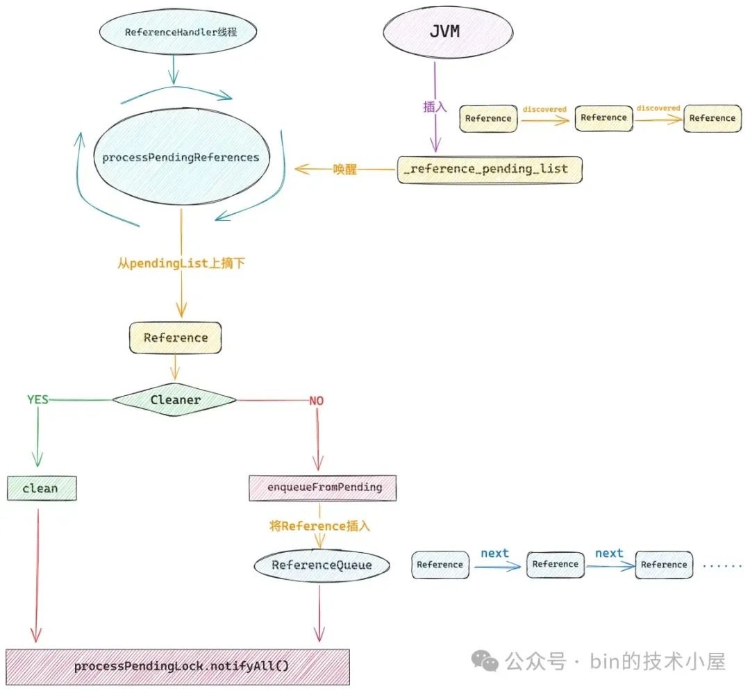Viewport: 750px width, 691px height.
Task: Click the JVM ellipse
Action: [x=448, y=33]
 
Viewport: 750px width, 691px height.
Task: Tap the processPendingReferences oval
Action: [x=181, y=158]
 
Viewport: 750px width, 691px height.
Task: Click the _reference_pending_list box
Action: [x=489, y=169]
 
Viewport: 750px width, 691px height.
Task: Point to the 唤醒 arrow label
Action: [x=344, y=169]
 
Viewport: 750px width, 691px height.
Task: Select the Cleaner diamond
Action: [x=175, y=399]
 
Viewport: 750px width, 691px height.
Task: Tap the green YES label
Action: [x=37, y=399]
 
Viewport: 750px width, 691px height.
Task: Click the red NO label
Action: [x=316, y=401]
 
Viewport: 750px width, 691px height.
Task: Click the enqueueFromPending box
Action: [x=324, y=488]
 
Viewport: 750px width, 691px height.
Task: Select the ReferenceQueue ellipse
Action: [x=322, y=565]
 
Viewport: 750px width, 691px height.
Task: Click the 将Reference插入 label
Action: [x=319, y=526]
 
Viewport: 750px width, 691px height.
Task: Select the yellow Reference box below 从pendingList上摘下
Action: [x=176, y=338]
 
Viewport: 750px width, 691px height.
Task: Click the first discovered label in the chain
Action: [x=544, y=109]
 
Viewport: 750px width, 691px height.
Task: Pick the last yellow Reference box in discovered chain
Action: [x=712, y=118]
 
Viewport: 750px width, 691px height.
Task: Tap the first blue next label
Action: [x=494, y=553]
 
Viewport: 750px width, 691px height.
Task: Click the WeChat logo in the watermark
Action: [x=485, y=660]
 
